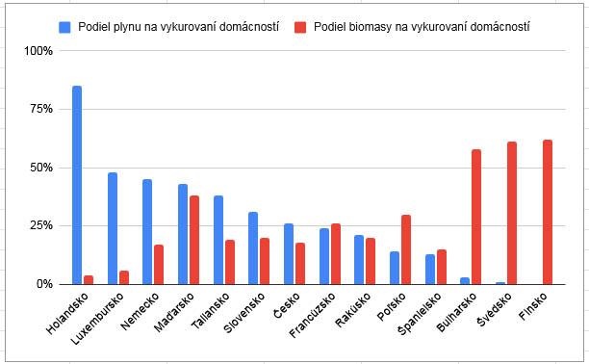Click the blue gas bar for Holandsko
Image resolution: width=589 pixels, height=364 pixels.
(x=77, y=185)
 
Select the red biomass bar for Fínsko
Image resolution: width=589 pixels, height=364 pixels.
(x=548, y=212)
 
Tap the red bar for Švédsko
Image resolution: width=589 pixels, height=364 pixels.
(x=512, y=213)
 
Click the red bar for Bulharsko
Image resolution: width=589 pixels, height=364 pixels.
(x=476, y=217)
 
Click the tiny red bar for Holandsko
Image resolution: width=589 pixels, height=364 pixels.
(x=89, y=279)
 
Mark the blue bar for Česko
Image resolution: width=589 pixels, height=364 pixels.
(x=289, y=253)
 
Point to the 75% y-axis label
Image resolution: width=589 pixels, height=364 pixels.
(x=40, y=109)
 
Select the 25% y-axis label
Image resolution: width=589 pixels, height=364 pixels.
(x=40, y=225)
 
